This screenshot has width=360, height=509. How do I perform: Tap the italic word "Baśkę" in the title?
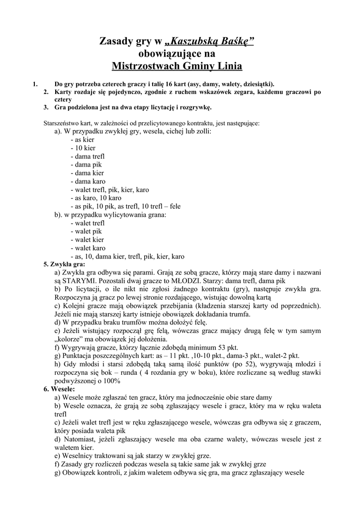(x=235, y=43)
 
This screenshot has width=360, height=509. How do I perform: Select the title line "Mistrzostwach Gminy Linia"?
(x=177, y=66)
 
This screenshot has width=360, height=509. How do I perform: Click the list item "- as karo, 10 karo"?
(x=95, y=198)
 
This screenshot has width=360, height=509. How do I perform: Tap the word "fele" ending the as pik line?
(x=176, y=206)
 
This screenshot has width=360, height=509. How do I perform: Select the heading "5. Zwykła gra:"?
(x=65, y=264)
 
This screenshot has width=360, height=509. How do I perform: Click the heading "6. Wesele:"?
(x=59, y=389)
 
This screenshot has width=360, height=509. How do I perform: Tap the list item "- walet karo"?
(x=88, y=248)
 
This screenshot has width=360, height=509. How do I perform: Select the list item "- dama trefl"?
(x=88, y=156)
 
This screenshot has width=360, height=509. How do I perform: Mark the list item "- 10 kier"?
(x=83, y=148)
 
